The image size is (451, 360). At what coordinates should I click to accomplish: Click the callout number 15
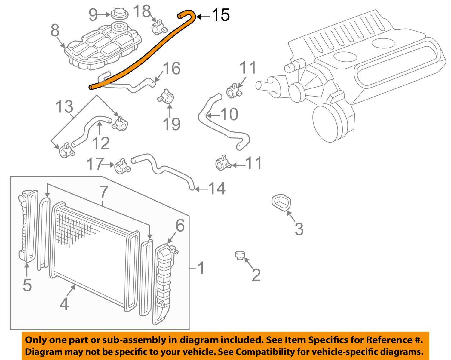[x=221, y=15]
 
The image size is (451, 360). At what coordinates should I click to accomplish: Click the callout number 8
[x=55, y=31]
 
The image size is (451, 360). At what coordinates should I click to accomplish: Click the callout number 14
[x=217, y=189]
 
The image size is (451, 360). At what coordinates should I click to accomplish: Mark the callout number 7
[x=103, y=192]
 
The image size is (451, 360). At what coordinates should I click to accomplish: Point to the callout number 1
[x=201, y=268]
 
